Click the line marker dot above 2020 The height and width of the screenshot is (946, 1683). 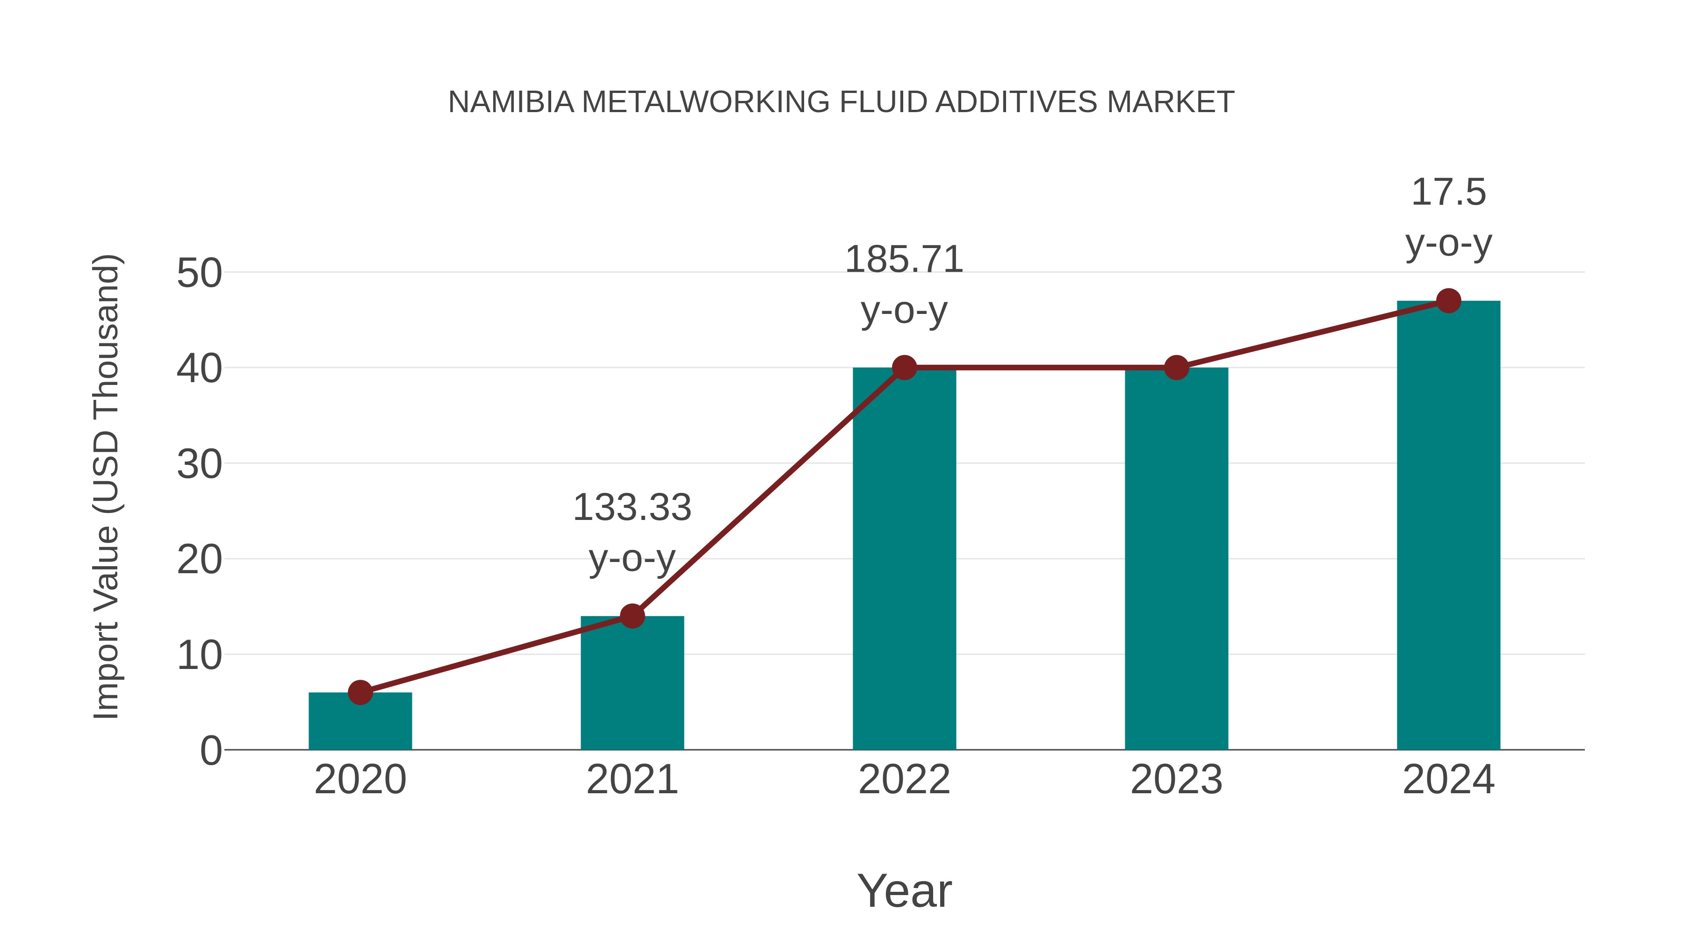(360, 692)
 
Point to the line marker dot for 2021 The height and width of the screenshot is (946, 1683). (632, 616)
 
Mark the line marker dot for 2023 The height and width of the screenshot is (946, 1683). (1176, 368)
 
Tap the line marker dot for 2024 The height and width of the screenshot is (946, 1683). (1448, 301)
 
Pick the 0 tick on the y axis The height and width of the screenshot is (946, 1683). (211, 751)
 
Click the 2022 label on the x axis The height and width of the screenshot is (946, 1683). (904, 780)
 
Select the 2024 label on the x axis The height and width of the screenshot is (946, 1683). (1448, 780)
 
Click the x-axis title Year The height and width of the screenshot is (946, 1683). (904, 890)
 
